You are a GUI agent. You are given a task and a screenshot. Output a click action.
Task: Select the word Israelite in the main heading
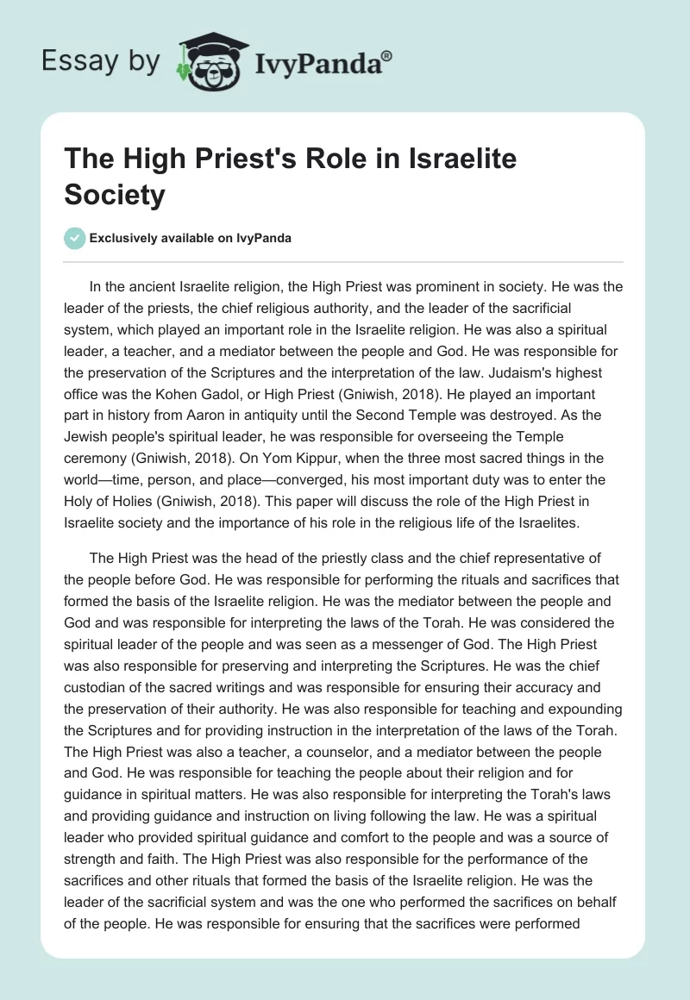point(442,160)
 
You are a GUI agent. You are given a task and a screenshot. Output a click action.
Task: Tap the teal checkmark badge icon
point(74,238)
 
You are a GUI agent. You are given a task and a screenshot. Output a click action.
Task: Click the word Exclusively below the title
point(128,238)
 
